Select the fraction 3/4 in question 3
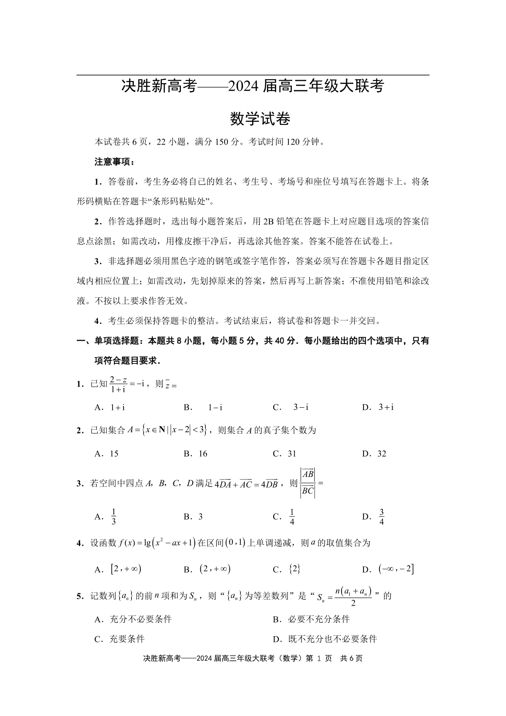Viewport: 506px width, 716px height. tap(382, 517)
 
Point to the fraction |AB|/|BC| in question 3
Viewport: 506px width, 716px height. tap(307, 483)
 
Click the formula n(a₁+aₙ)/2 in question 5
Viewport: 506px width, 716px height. tap(353, 596)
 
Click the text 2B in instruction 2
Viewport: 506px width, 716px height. tap(268, 222)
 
